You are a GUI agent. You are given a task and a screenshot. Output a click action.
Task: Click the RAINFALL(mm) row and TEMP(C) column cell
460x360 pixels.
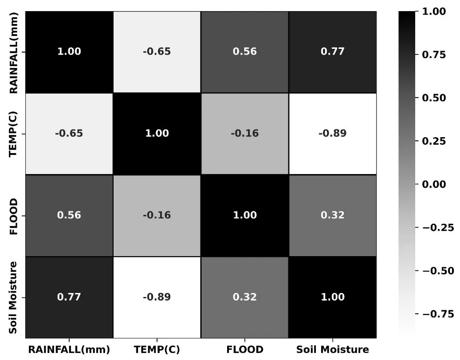pos(157,51)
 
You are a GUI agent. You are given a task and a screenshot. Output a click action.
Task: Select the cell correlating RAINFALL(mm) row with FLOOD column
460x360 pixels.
pos(244,51)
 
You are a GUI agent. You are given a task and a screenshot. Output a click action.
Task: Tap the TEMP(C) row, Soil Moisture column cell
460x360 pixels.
pos(332,134)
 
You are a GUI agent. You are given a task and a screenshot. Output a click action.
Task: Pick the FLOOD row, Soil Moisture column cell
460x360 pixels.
pos(332,215)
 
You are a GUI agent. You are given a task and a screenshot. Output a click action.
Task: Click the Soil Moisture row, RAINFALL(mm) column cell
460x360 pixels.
pos(69,297)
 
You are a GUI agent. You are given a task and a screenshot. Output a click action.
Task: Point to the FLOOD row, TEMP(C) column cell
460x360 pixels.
pos(157,215)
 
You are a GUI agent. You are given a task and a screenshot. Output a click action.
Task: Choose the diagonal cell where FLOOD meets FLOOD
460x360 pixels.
pos(244,215)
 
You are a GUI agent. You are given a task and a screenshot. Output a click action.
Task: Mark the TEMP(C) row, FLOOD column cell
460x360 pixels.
pos(244,134)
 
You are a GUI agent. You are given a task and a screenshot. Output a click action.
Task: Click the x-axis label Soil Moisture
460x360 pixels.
pos(332,349)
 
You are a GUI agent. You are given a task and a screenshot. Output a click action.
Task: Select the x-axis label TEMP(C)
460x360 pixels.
pos(157,349)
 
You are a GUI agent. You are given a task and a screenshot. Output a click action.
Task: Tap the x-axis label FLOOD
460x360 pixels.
pos(244,349)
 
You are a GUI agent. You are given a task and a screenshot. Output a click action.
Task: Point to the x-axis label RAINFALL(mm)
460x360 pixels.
pos(69,349)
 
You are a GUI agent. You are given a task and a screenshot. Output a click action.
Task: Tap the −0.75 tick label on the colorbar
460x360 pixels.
pos(437,314)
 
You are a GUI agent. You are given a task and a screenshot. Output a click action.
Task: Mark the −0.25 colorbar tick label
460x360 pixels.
pos(437,228)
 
